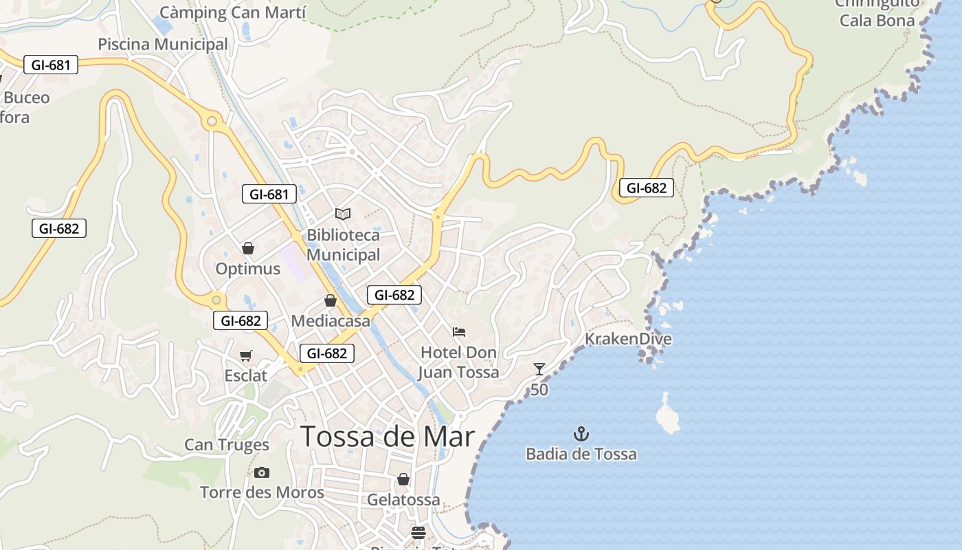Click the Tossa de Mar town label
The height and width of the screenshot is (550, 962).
388,437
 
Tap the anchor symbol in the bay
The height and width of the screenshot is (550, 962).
581,434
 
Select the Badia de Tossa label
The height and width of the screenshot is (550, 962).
581,454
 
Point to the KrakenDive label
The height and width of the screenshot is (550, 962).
628,339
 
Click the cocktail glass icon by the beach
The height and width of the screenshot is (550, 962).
539,369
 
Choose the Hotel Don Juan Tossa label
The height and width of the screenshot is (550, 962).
459,362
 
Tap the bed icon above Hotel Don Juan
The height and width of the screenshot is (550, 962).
459,332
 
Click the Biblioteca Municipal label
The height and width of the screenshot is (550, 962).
343,245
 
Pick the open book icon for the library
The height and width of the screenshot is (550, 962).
343,214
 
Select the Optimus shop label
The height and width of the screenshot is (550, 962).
248,269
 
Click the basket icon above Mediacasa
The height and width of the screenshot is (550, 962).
331,300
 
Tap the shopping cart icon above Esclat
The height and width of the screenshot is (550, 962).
246,355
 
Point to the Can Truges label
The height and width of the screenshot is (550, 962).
227,445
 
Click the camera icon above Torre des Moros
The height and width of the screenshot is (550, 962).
262,472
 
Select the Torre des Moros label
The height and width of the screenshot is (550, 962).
262,492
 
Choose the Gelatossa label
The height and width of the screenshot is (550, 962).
403,500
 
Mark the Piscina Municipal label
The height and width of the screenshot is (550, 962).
163,44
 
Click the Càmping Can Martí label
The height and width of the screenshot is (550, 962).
233,12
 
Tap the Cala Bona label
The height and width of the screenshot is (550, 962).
877,20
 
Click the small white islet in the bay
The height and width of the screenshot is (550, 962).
667,415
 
